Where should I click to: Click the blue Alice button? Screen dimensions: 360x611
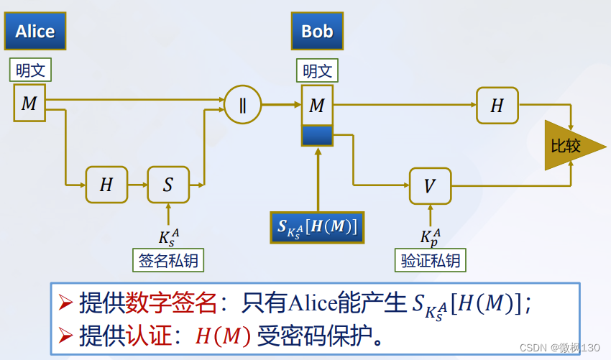click(35, 31)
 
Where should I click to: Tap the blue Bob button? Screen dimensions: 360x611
click(317, 31)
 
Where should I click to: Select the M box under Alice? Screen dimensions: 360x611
click(29, 103)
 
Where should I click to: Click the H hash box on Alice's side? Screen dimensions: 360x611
click(106, 185)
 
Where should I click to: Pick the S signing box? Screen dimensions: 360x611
click(167, 185)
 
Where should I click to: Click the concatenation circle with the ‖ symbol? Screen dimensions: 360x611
click(242, 104)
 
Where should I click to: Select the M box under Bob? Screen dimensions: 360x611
click(317, 106)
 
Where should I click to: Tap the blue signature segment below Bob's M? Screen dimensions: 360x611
click(317, 136)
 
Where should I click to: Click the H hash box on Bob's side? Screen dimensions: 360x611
click(497, 106)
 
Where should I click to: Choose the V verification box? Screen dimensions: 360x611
click(429, 186)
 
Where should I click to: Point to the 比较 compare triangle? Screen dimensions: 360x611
click(568, 146)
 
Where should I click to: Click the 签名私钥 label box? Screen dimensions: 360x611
click(168, 261)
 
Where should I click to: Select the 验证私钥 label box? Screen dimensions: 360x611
click(430, 261)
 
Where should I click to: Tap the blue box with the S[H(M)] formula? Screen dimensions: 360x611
click(317, 227)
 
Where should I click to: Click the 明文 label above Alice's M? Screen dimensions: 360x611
click(30, 71)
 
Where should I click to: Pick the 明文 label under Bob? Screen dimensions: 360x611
click(317, 71)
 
